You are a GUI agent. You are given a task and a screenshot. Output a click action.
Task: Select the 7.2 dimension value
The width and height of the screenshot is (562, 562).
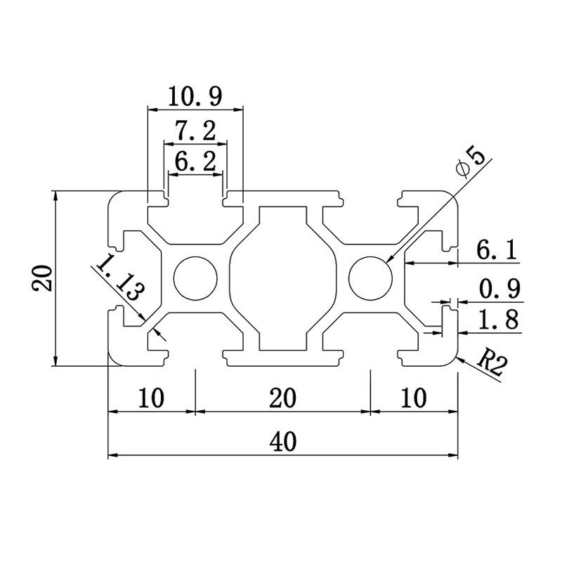pyautogui.click(x=195, y=131)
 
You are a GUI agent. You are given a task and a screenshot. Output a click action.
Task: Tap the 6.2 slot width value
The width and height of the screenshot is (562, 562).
pyautogui.click(x=195, y=162)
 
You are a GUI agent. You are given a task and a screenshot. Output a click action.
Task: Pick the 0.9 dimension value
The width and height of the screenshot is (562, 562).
pyautogui.click(x=499, y=289)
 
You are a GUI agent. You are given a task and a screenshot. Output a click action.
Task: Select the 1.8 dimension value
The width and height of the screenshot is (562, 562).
pyautogui.click(x=499, y=320)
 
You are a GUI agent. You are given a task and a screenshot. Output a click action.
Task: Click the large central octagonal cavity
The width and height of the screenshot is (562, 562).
pyautogui.click(x=283, y=277)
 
